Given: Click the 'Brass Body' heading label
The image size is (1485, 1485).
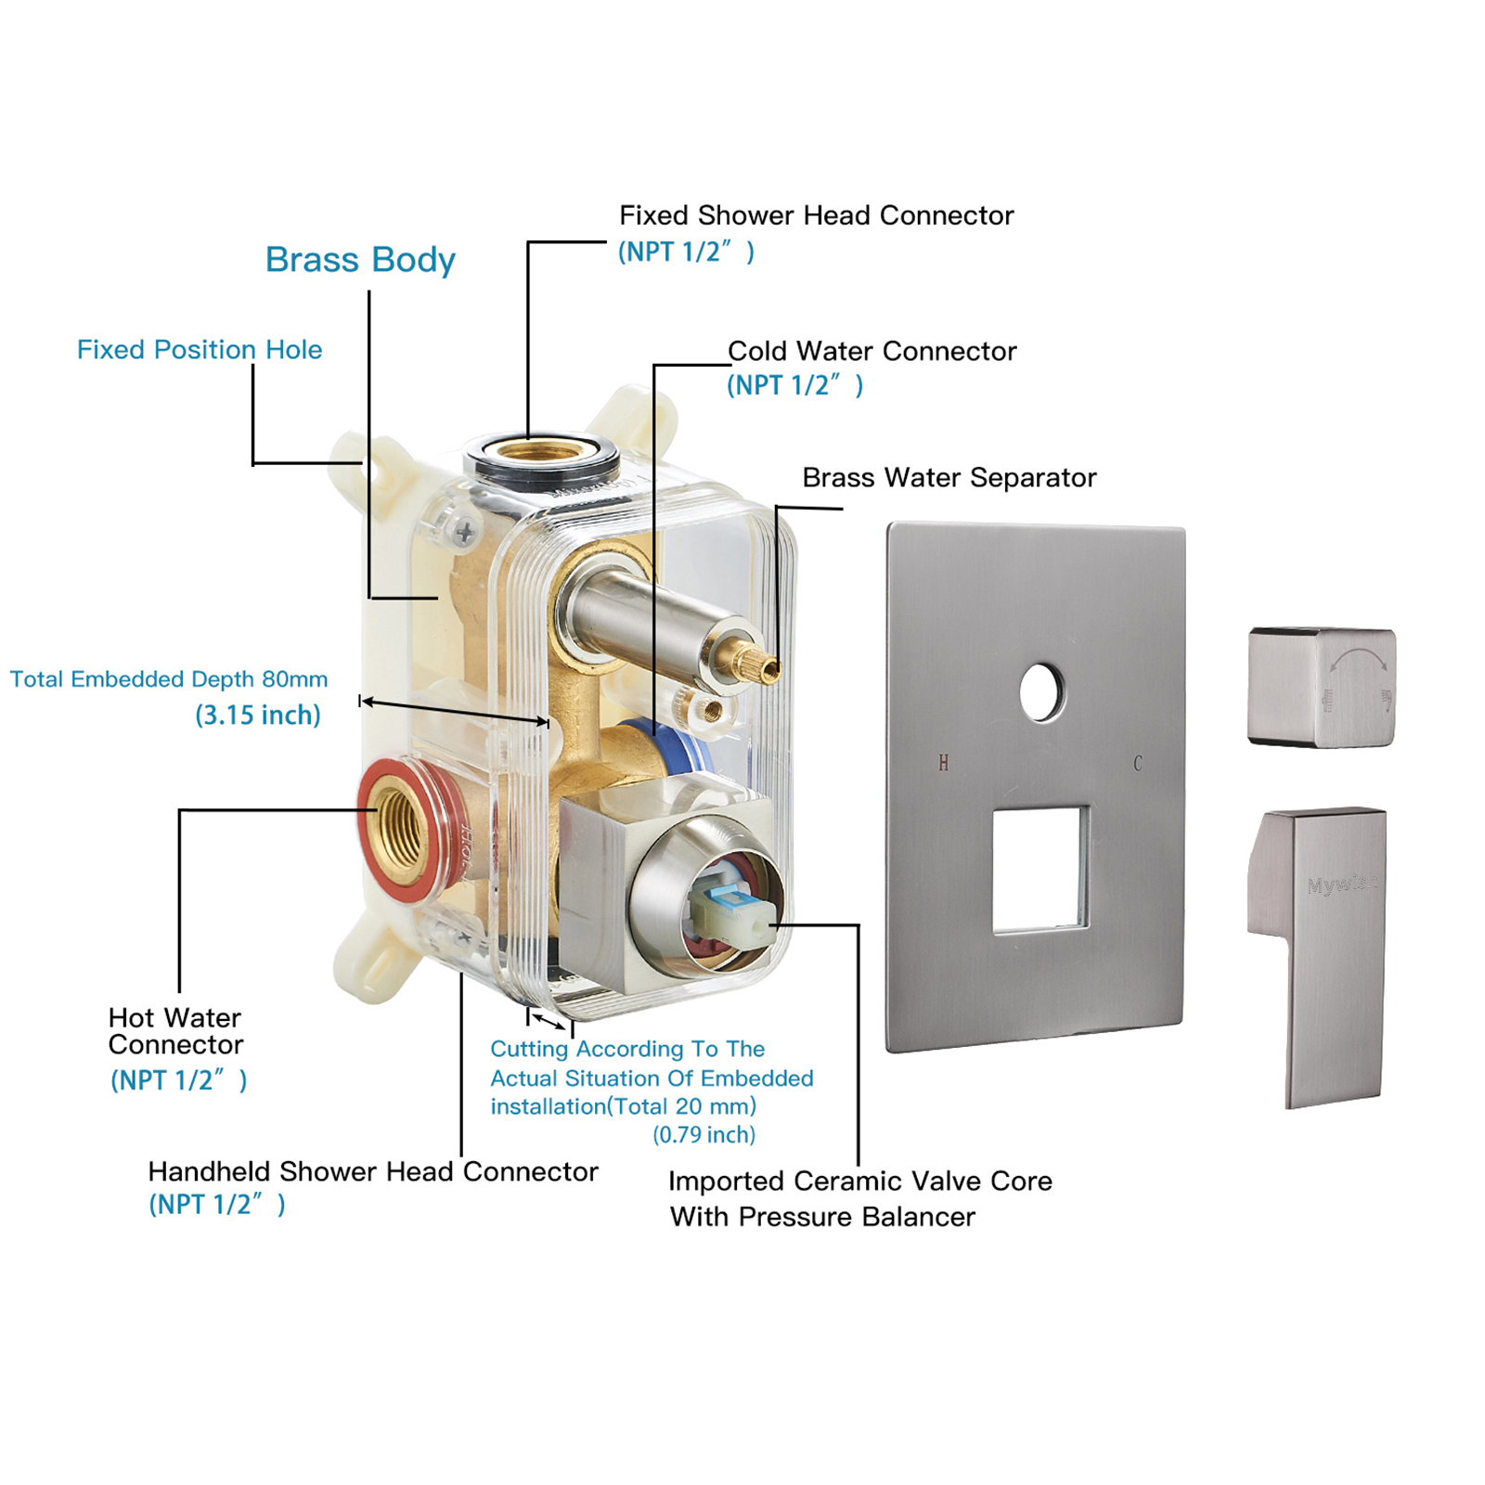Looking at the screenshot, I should coord(360,260).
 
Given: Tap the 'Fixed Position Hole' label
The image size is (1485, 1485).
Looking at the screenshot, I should coord(200,350).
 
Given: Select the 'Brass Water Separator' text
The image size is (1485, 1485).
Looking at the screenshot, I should coord(949,478).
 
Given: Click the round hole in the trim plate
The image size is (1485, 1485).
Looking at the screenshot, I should coord(1041,692).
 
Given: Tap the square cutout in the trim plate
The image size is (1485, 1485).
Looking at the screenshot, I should coord(1039,869).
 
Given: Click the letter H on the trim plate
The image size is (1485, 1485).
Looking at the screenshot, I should coord(943,764).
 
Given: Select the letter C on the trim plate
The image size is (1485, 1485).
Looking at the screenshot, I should coord(1138,764).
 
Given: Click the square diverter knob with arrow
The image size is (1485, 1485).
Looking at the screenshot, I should coord(1322,687).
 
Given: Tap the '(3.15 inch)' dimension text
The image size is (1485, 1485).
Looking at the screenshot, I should coord(257,716).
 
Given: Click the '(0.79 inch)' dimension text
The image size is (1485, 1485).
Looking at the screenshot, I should coord(704,1135).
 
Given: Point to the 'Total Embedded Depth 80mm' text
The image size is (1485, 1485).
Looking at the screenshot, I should coord(169,679).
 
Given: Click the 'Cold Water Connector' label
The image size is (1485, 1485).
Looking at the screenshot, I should coord(872,352).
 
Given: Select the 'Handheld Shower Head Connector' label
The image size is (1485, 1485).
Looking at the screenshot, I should coord(372,1172).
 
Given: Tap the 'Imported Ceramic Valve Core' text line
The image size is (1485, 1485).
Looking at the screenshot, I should coord(859,1182).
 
